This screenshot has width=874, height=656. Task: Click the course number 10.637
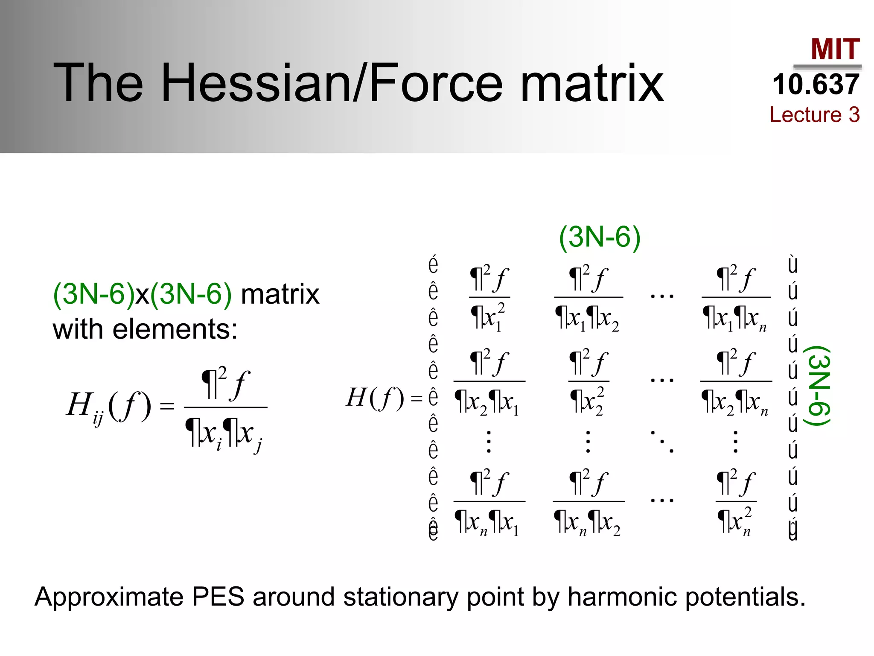click(x=816, y=84)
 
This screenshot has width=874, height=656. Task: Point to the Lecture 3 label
click(x=814, y=114)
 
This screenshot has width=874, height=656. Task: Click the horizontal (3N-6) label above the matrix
click(x=600, y=237)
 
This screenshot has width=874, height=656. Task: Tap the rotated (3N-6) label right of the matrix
click(x=817, y=385)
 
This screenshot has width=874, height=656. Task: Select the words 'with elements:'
click(x=145, y=330)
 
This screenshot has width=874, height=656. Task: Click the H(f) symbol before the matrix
click(x=375, y=398)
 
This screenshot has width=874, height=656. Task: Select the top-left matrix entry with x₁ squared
click(x=489, y=298)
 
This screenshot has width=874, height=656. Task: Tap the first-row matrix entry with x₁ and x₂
click(x=588, y=298)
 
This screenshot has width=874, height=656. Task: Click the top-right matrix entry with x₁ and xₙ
click(x=736, y=298)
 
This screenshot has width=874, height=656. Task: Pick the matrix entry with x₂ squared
click(x=588, y=382)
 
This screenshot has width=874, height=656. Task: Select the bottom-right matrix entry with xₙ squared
click(x=736, y=502)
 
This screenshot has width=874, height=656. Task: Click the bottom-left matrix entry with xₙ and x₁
click(x=489, y=502)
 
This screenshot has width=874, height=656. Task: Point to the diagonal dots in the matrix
click(x=662, y=442)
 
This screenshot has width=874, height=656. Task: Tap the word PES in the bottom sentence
click(x=218, y=597)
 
